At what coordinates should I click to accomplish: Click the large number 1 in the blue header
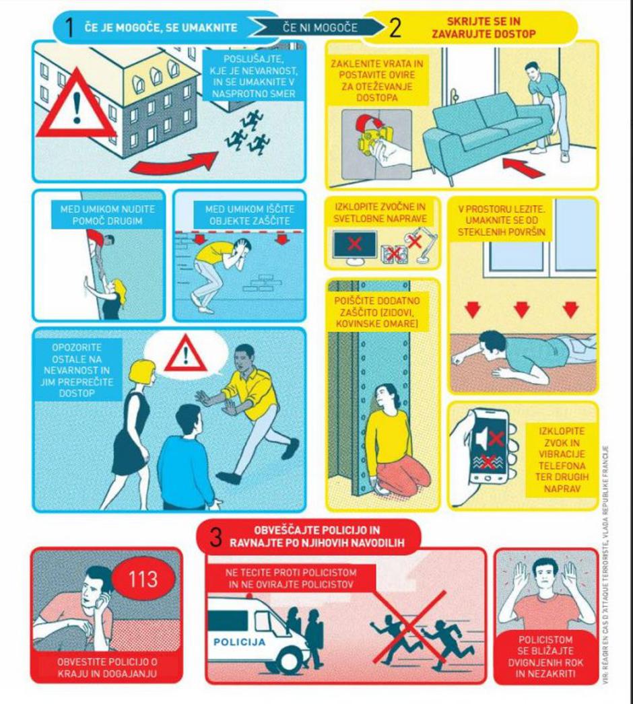69,28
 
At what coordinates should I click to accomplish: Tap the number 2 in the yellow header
395,28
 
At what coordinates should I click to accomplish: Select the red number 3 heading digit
216,537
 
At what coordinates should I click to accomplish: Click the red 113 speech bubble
143,579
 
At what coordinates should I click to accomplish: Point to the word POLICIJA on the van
240,642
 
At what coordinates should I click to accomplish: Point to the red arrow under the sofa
524,168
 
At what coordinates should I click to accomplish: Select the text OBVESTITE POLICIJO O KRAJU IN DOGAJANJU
107,668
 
